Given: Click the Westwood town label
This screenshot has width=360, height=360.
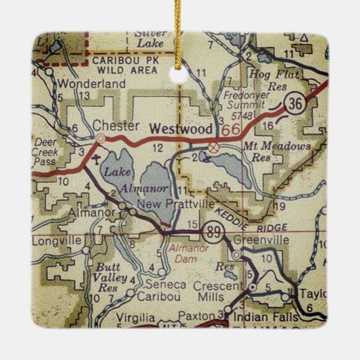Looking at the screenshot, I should pyautogui.click(x=181, y=128).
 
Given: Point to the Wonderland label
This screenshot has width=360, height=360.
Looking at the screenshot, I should pyautogui.click(x=102, y=84).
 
